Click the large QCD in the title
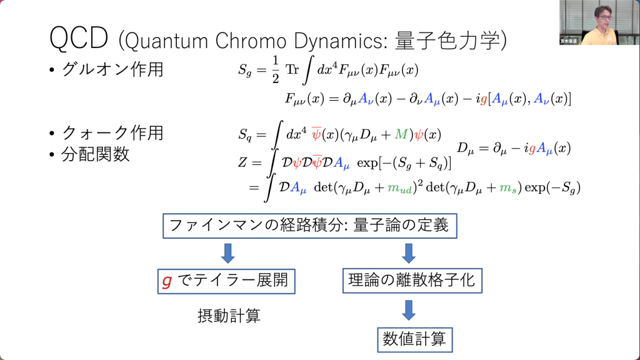point(79,38)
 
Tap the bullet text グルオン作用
point(112,69)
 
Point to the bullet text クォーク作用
point(112,132)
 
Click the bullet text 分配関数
point(95,154)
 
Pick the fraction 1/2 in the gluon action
point(276,70)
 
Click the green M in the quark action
point(401,134)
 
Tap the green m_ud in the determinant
point(399,188)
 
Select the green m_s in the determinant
point(508,188)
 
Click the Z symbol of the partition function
point(242,162)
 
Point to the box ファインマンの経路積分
point(310,226)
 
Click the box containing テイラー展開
point(226,281)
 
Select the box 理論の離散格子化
point(412,281)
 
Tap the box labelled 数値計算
point(415,339)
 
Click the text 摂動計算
point(229,316)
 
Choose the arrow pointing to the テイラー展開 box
point(227,253)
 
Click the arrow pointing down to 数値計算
point(409,310)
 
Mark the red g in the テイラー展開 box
point(167,281)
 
